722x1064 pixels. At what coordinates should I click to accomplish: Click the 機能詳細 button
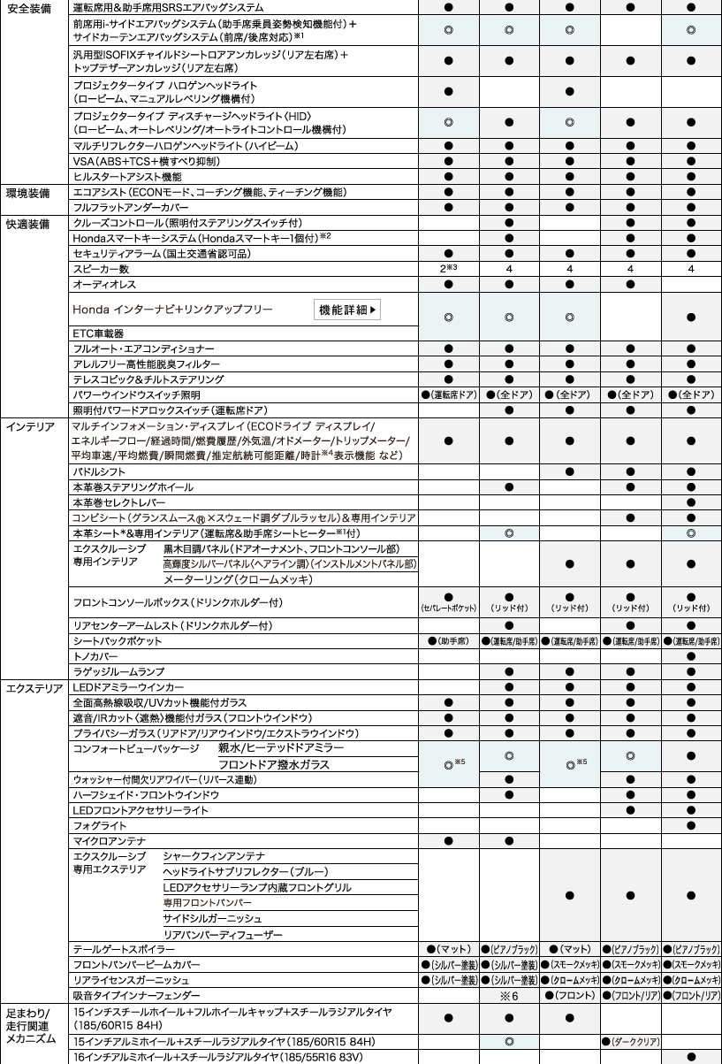coord(347,310)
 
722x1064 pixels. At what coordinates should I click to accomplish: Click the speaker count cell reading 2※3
coord(448,268)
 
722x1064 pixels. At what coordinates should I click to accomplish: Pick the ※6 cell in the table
coord(509,996)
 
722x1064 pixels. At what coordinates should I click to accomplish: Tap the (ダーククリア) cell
coord(630,1041)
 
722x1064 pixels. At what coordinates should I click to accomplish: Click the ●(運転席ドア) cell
coord(448,394)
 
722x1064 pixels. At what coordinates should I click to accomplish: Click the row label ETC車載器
coord(99,333)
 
